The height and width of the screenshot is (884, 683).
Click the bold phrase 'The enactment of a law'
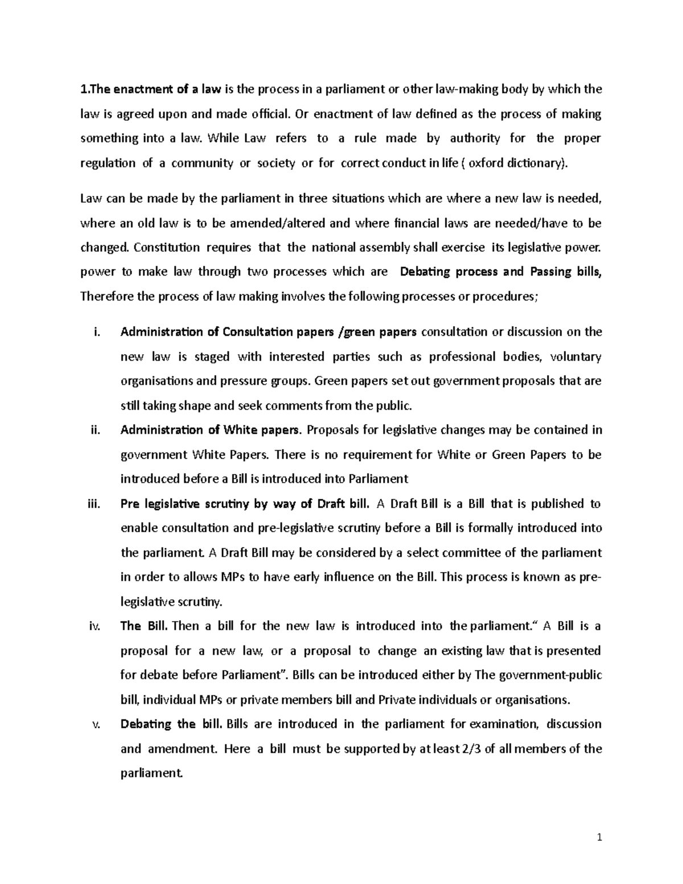151,89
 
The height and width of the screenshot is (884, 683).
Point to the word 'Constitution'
168,247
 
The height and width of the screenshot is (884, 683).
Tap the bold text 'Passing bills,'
565,272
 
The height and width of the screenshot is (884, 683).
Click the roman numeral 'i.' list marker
96,332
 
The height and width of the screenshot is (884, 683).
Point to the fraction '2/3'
470,749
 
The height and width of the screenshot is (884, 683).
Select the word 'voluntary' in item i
577,357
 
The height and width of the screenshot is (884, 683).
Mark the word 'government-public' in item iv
550,675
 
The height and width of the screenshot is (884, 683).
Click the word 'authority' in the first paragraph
475,138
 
